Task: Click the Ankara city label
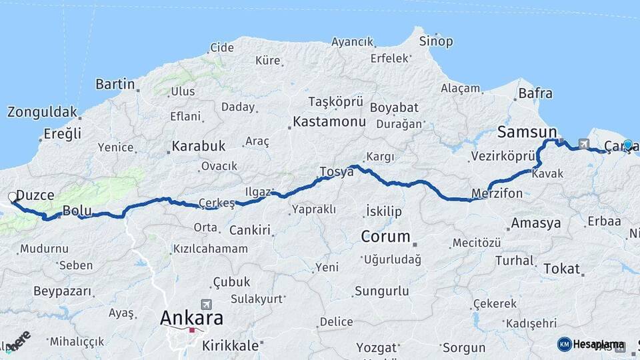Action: point(191,317)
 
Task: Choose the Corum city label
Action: point(385,236)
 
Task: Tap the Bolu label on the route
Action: point(77,211)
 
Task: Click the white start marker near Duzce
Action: point(13,197)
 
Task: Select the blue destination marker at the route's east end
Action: point(627,144)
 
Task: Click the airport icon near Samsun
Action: point(584,143)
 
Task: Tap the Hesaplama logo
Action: point(591,344)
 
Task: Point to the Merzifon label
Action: point(497,194)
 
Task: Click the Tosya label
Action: point(337,171)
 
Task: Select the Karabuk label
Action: point(199,146)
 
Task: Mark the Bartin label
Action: point(115,84)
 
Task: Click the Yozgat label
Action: point(376,347)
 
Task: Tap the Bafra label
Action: point(535,93)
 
